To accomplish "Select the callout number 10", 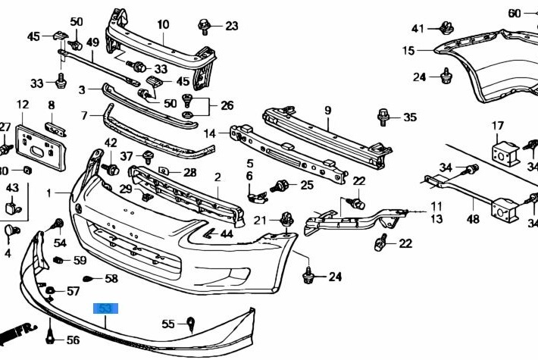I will (x=163, y=24).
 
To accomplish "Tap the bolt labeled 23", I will (x=205, y=27).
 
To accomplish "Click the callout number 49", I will (x=92, y=42).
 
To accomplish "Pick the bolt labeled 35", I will (x=383, y=117).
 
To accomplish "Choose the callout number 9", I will (x=327, y=111).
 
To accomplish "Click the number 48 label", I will (x=473, y=220).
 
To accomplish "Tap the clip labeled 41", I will (x=445, y=30).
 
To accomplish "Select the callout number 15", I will (x=408, y=51).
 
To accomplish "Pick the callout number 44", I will (x=226, y=233).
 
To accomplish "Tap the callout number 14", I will (x=210, y=133).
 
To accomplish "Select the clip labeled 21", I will (x=286, y=220).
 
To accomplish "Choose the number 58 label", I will (x=111, y=279).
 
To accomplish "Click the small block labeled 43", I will (x=12, y=204).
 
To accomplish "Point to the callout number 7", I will (x=86, y=116).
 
